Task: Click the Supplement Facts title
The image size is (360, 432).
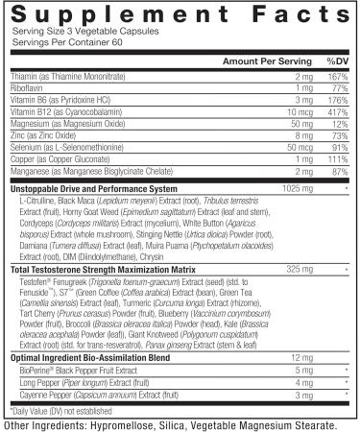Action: click(180, 15)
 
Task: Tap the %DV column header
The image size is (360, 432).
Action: click(335, 60)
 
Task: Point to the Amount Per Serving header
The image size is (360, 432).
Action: click(263, 60)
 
